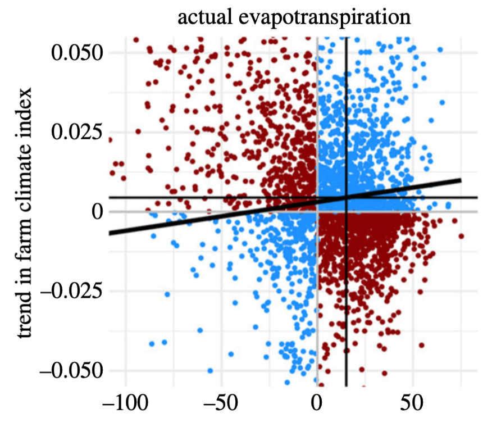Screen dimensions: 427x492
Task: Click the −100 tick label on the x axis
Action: [120, 404]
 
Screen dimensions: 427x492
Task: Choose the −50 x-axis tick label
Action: [217, 404]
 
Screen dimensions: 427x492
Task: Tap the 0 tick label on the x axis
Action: [317, 404]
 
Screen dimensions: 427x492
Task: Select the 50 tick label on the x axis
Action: [413, 404]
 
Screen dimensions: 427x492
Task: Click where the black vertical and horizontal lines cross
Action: [346, 197]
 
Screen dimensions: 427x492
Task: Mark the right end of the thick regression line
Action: [461, 180]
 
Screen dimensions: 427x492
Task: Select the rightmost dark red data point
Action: [461, 236]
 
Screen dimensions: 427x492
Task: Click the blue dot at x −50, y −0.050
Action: [210, 370]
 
